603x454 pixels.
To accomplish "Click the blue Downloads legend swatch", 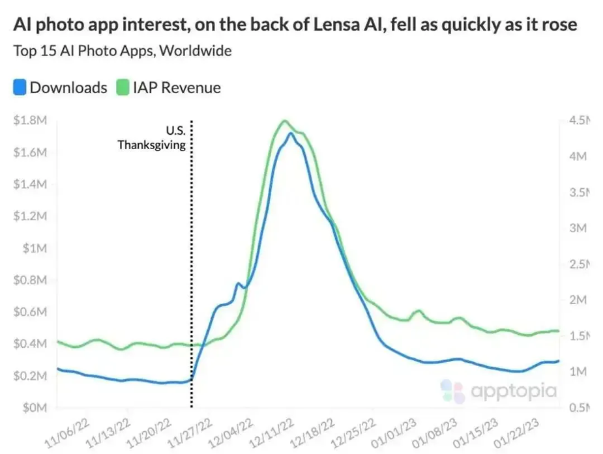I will [20, 87].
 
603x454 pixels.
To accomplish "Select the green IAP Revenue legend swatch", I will [123, 87].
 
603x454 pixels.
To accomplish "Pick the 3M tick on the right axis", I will [578, 228].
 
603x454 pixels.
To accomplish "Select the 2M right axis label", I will [578, 300].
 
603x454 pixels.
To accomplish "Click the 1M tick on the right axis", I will [578, 372].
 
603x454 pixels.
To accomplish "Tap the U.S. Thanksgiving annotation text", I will [151, 137].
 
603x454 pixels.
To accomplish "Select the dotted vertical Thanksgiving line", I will [192, 274].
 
